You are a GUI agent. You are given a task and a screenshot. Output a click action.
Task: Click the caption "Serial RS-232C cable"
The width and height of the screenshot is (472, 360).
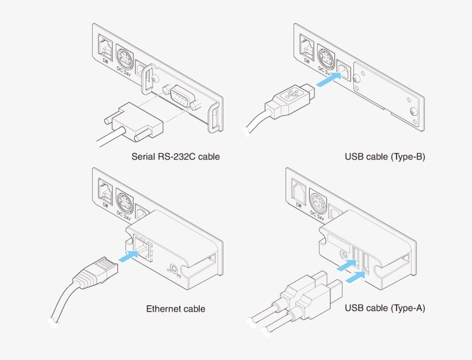[176, 156]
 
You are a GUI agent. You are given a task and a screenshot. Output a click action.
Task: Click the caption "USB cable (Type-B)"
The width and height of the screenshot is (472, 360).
[385, 156]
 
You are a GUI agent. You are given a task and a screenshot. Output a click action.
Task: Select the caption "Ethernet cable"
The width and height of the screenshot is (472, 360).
[176, 309]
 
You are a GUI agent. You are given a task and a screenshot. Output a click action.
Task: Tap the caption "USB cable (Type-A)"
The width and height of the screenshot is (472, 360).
[385, 309]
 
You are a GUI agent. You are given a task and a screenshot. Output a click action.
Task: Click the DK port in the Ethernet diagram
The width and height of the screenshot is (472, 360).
[105, 191]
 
